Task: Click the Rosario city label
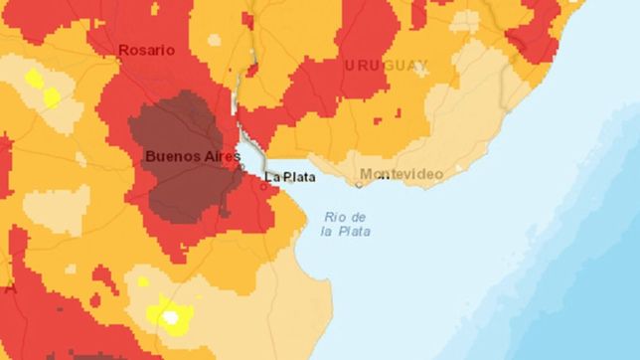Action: point(146,50)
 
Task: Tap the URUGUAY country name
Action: point(387,66)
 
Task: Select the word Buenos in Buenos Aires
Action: point(169,156)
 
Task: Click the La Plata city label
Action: point(289,177)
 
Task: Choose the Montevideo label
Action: point(401,174)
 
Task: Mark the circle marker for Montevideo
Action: point(360,184)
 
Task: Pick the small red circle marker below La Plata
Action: point(263,186)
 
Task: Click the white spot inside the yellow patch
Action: point(171,318)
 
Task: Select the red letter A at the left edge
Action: point(10,289)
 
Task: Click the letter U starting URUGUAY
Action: point(350,66)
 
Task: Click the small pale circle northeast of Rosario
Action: point(213,41)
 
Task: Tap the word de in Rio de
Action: point(359,216)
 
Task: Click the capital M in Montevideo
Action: point(366,174)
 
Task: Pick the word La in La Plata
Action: point(271,177)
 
